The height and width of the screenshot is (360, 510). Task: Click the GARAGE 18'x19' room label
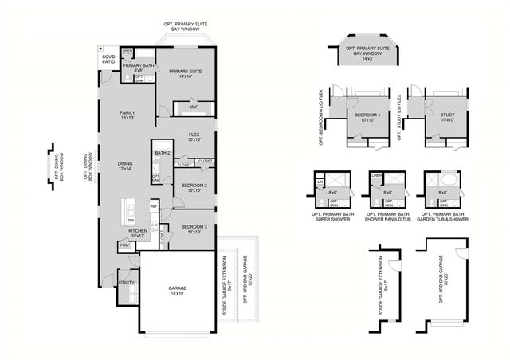pyautogui.click(x=177, y=290)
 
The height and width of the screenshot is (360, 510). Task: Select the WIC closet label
pyautogui.click(x=194, y=107)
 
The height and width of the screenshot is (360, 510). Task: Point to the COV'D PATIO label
pyautogui.click(x=108, y=60)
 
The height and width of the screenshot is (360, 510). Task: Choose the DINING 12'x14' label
pyautogui.click(x=125, y=166)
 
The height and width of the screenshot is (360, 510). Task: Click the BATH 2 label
pyautogui.click(x=163, y=153)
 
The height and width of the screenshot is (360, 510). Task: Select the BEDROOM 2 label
pyautogui.click(x=194, y=187)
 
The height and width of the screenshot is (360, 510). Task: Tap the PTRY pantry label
pyautogui.click(x=124, y=246)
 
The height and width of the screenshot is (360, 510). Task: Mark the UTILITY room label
pyautogui.click(x=126, y=283)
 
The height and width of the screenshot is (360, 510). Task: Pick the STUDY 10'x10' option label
pyautogui.click(x=447, y=118)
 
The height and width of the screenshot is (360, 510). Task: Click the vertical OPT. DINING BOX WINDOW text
pyautogui.click(x=89, y=167)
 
